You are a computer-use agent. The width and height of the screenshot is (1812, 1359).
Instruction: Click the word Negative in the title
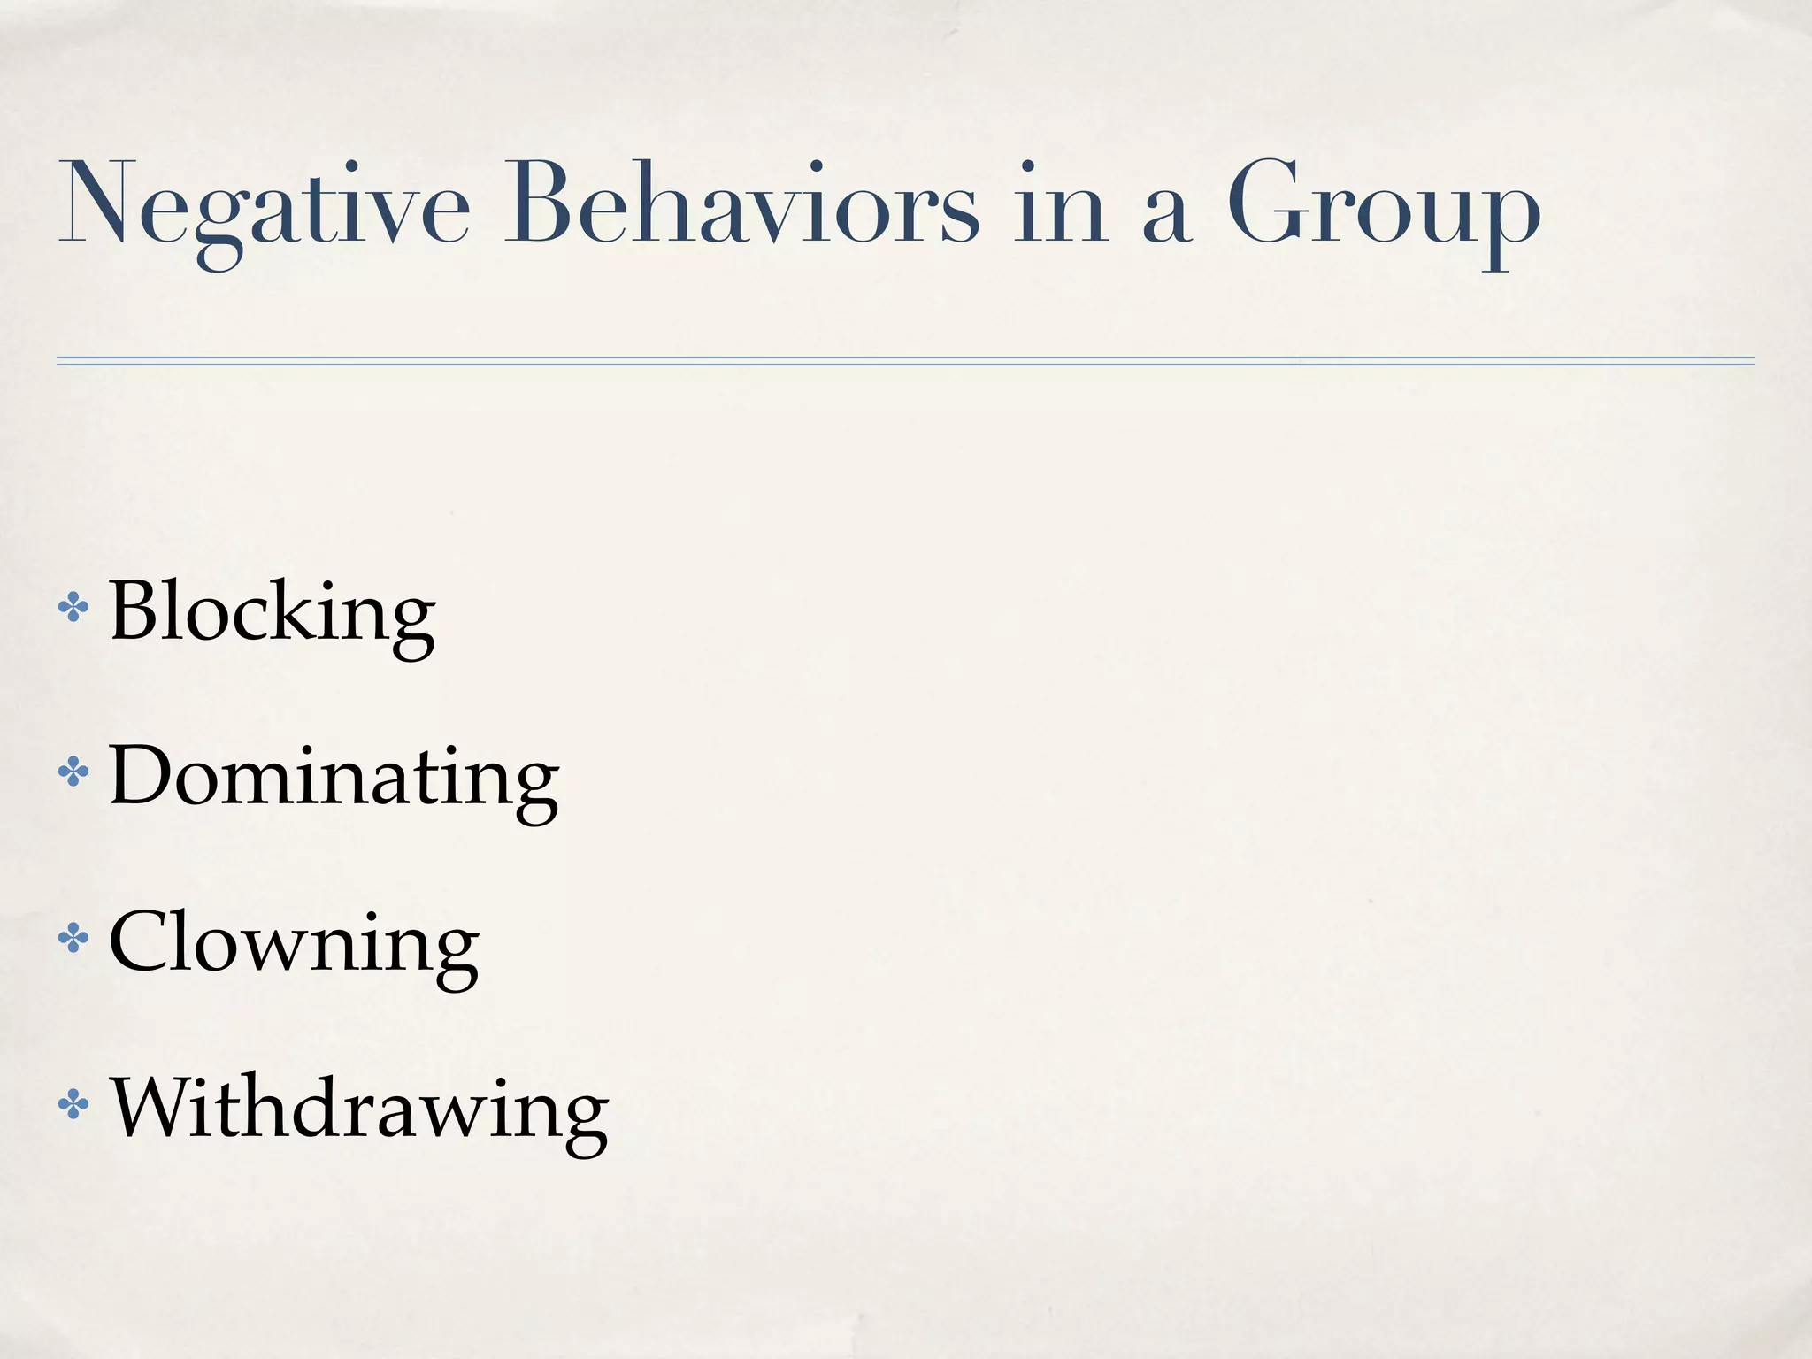[x=264, y=209]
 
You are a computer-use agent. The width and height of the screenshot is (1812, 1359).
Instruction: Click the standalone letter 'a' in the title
[x=1166, y=217]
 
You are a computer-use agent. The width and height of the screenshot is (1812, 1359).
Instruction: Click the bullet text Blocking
[x=272, y=613]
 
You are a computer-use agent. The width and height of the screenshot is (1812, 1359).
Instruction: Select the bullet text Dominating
[x=334, y=778]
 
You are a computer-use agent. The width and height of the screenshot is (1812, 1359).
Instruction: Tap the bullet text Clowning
[x=294, y=944]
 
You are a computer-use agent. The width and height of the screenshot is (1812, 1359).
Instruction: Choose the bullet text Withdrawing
[x=359, y=1109]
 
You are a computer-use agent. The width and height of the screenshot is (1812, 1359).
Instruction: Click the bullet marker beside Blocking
[x=73, y=609]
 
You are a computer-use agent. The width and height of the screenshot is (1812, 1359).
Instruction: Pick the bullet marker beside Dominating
[x=73, y=773]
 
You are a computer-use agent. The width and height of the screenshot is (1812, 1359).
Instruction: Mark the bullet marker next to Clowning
[x=73, y=939]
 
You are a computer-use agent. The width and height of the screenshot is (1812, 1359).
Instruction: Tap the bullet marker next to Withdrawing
[x=73, y=1104]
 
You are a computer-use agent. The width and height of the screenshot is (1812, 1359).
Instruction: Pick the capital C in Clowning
[x=141, y=941]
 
